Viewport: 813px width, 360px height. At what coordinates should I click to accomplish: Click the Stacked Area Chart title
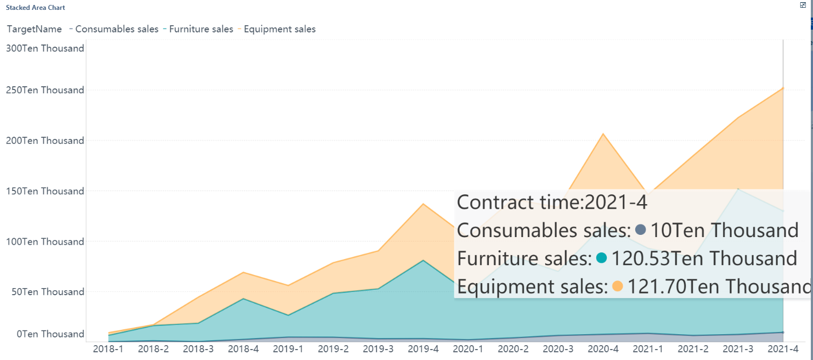click(x=35, y=8)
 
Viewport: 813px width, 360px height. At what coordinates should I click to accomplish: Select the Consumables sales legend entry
click(x=116, y=29)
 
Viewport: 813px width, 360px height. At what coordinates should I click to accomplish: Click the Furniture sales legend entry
click(x=201, y=29)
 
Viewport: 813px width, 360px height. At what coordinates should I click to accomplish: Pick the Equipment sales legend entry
click(x=279, y=29)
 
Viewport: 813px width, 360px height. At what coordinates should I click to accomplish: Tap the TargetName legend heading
click(x=34, y=29)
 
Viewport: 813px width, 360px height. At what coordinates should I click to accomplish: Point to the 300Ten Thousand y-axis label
click(x=45, y=48)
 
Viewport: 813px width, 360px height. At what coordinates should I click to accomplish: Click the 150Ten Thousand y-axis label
click(x=45, y=191)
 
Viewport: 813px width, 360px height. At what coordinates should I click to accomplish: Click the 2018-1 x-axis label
click(x=108, y=349)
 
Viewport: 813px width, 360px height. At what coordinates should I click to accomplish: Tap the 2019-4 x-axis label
click(x=423, y=349)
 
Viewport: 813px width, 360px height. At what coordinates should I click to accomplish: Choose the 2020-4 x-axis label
click(x=603, y=349)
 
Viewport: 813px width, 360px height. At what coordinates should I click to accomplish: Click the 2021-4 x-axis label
click(x=782, y=349)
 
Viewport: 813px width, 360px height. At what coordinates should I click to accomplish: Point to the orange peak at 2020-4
click(x=603, y=133)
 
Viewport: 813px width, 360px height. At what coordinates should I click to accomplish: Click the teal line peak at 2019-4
click(x=423, y=260)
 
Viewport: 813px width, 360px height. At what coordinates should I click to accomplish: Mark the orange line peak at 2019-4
click(x=423, y=204)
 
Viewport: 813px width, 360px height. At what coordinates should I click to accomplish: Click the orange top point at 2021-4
click(x=783, y=88)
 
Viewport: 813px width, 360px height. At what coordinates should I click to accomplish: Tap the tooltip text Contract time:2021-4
click(x=552, y=203)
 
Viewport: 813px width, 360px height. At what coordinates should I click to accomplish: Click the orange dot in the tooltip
click(x=617, y=286)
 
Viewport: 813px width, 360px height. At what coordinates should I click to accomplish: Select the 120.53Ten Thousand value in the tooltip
click(x=704, y=258)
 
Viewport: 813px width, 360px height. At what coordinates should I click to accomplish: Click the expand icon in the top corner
click(x=803, y=4)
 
